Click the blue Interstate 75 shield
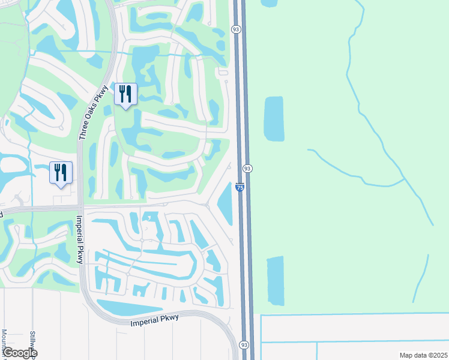(x=240, y=188)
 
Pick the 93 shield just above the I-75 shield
(x=247, y=169)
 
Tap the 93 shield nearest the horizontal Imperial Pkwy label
(x=243, y=345)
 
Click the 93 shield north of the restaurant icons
(x=236, y=29)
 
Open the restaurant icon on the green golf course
(x=126, y=94)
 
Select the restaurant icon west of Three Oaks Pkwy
(x=61, y=172)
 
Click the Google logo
(x=19, y=353)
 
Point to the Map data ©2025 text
(x=423, y=355)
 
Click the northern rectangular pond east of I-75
(x=274, y=118)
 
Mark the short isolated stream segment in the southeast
(x=421, y=279)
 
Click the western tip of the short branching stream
(x=309, y=150)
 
